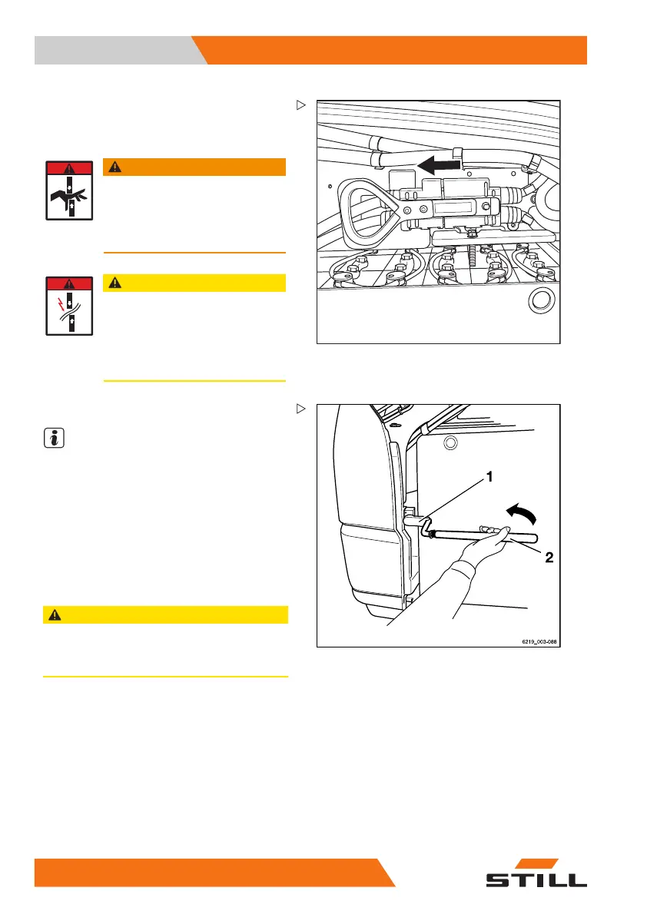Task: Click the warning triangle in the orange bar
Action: [114, 167]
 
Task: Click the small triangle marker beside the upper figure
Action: [301, 104]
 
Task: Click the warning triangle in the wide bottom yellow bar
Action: [54, 614]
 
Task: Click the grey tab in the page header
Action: [115, 51]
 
